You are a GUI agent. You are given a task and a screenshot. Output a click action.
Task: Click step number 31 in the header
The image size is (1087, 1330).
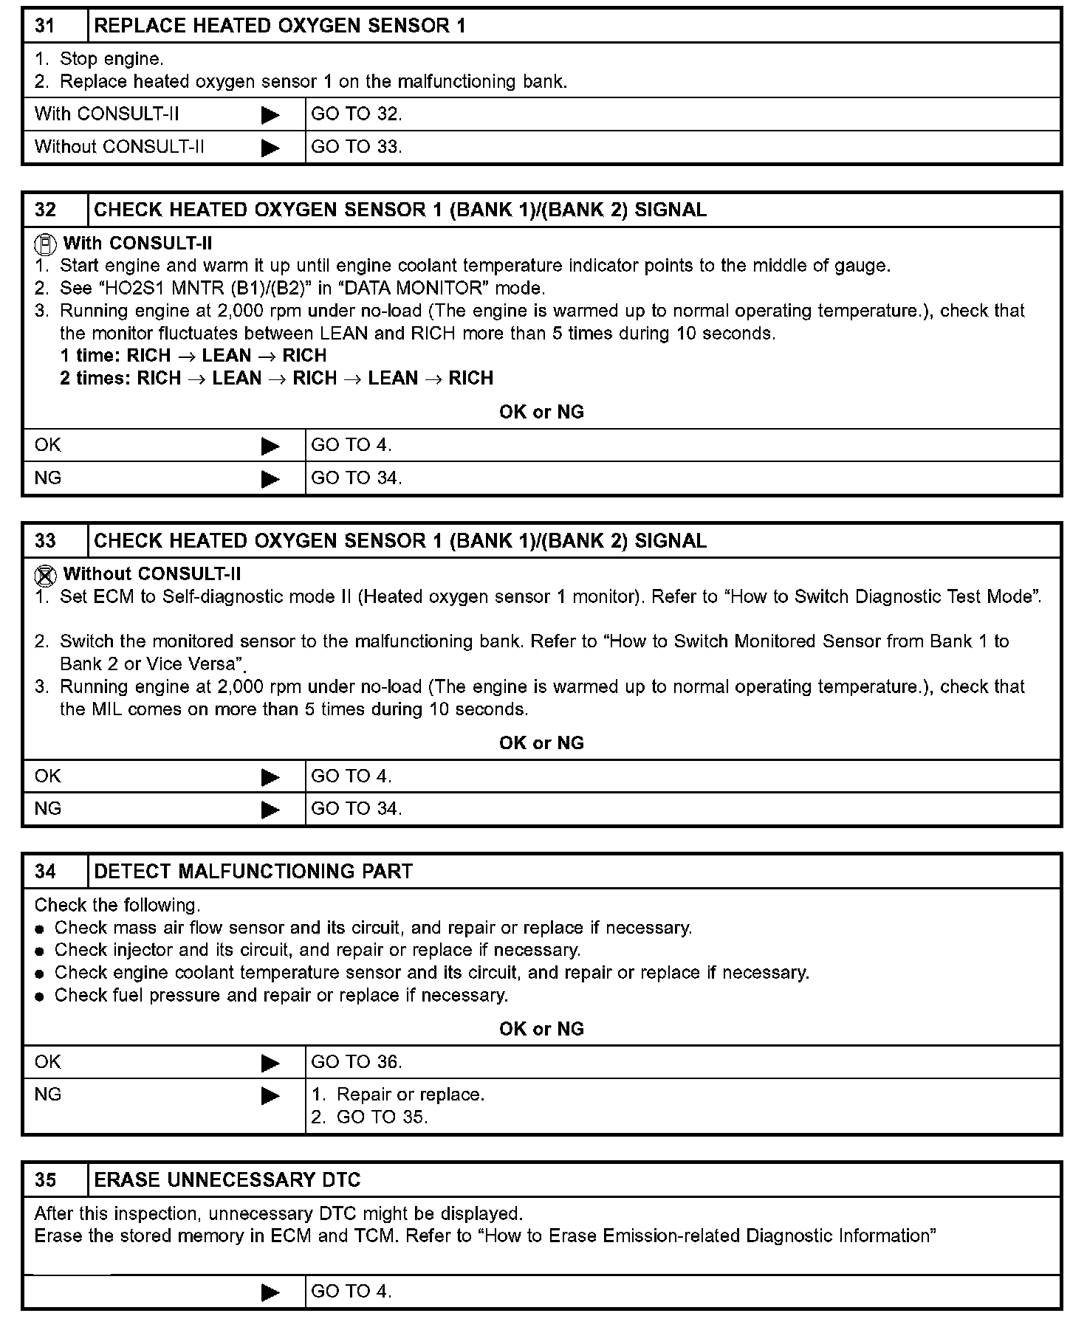[x=45, y=26]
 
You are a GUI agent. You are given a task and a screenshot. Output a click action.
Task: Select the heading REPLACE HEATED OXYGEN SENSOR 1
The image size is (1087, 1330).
[x=280, y=26]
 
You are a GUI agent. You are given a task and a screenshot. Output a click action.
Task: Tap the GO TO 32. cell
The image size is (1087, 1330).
[x=357, y=114]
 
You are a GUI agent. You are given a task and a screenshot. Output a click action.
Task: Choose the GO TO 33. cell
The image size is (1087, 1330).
[x=357, y=147]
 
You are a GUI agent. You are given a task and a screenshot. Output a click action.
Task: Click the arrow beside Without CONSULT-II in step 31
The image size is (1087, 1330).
[x=271, y=148]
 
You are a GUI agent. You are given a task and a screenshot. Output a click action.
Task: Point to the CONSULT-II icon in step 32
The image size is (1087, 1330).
[x=46, y=244]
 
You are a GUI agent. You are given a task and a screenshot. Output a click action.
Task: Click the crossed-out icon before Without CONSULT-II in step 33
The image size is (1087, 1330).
[x=46, y=574]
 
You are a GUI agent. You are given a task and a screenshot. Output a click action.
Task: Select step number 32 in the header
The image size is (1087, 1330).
[x=45, y=210]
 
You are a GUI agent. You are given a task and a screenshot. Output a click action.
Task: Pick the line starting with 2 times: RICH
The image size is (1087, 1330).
[x=277, y=379]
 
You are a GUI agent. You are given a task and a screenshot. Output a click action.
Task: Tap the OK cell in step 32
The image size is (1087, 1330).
[x=48, y=445]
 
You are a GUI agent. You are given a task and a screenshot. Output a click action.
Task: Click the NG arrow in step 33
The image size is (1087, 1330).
[x=271, y=810]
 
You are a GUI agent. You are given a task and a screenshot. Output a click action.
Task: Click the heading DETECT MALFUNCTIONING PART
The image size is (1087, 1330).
[x=253, y=872]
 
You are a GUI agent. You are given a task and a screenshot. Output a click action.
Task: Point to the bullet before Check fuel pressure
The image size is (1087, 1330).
[x=40, y=996]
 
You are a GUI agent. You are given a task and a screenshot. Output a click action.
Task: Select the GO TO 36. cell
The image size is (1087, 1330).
[x=357, y=1062]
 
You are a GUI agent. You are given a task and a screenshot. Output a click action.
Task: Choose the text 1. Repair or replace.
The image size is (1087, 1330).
[x=398, y=1095]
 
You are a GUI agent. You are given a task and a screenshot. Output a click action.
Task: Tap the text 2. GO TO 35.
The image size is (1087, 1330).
[x=369, y=1117]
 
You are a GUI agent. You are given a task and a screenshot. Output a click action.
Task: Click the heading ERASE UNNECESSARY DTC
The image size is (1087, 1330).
[x=227, y=1180]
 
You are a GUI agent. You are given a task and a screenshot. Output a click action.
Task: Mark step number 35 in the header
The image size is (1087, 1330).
[x=45, y=1180]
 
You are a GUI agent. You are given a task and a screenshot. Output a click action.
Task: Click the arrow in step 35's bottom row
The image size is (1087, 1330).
[x=271, y=1292]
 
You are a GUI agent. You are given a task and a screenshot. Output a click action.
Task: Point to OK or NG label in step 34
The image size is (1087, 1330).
[x=541, y=1029]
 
